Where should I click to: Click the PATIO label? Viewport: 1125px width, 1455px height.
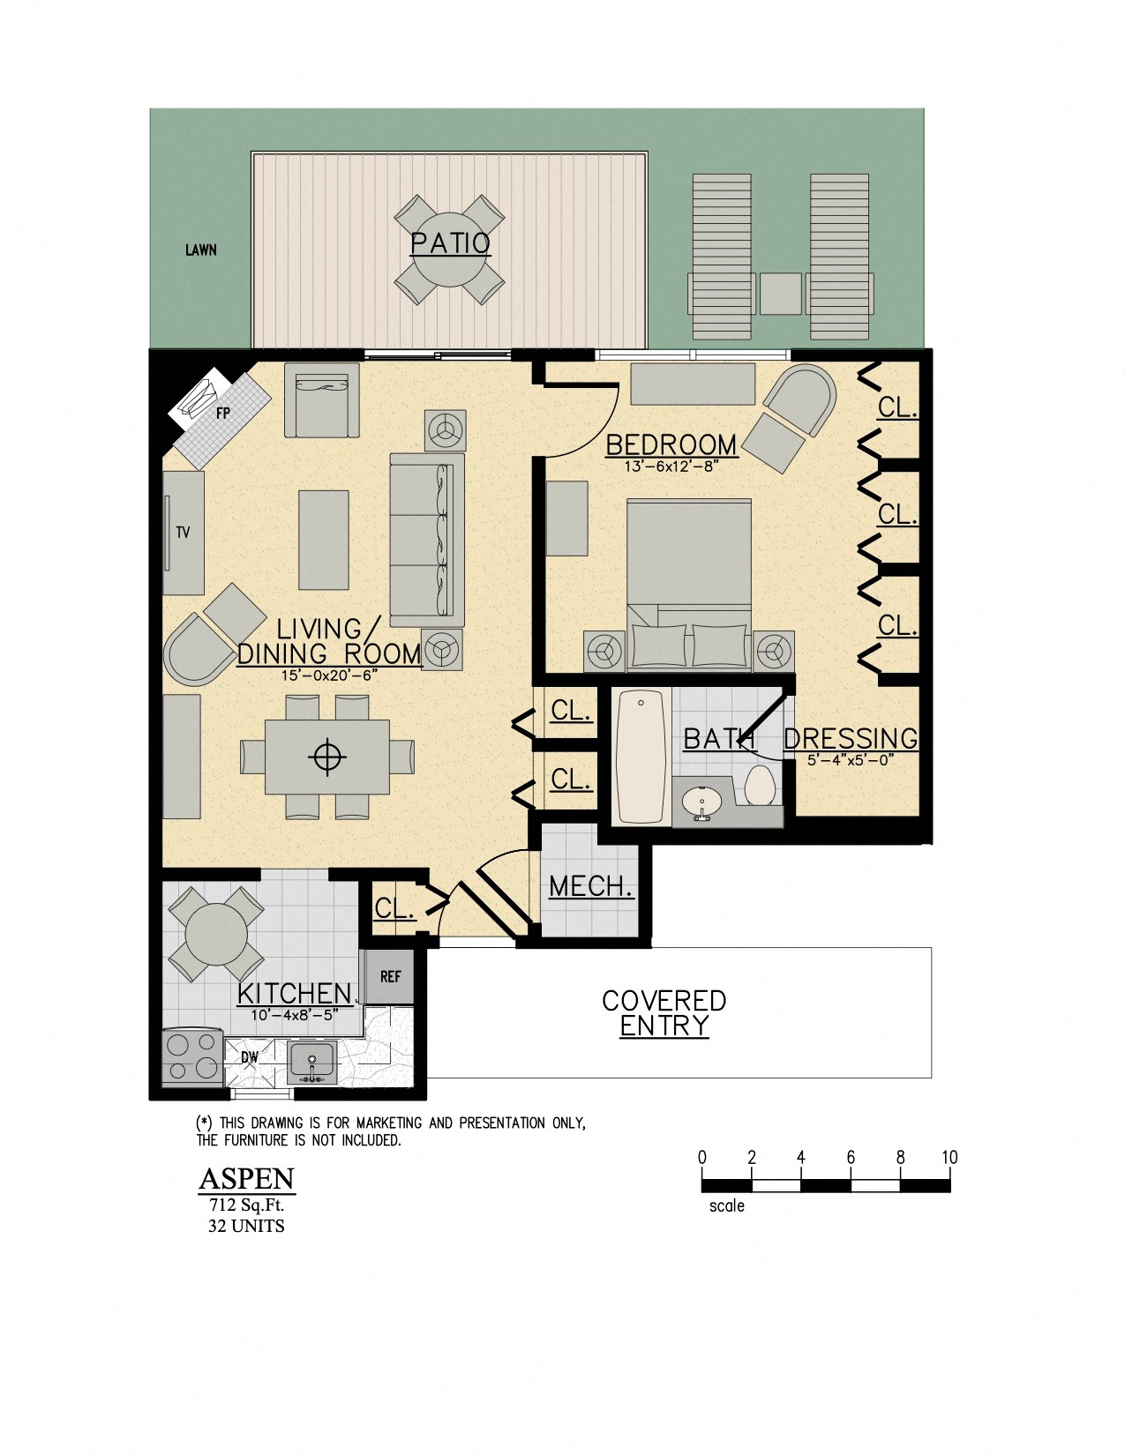point(450,242)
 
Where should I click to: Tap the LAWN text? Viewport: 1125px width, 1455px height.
point(200,250)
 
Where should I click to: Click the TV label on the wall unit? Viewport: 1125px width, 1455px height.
point(183,533)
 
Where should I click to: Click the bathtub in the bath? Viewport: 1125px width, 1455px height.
point(640,757)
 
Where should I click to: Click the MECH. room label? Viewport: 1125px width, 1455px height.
point(590,886)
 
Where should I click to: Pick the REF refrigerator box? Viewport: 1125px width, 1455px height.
point(390,976)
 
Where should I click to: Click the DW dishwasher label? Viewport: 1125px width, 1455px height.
point(250,1056)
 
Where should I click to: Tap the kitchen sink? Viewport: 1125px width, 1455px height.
point(311,1061)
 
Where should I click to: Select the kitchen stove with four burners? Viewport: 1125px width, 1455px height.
point(192,1056)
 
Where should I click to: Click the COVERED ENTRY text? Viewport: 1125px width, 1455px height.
point(664,1013)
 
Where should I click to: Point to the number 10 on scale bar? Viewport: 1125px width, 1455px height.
point(949,1157)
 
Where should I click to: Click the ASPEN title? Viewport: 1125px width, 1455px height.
point(246,1179)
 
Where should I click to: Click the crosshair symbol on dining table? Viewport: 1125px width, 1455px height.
point(326,757)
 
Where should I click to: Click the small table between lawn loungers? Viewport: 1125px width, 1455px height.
point(780,294)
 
